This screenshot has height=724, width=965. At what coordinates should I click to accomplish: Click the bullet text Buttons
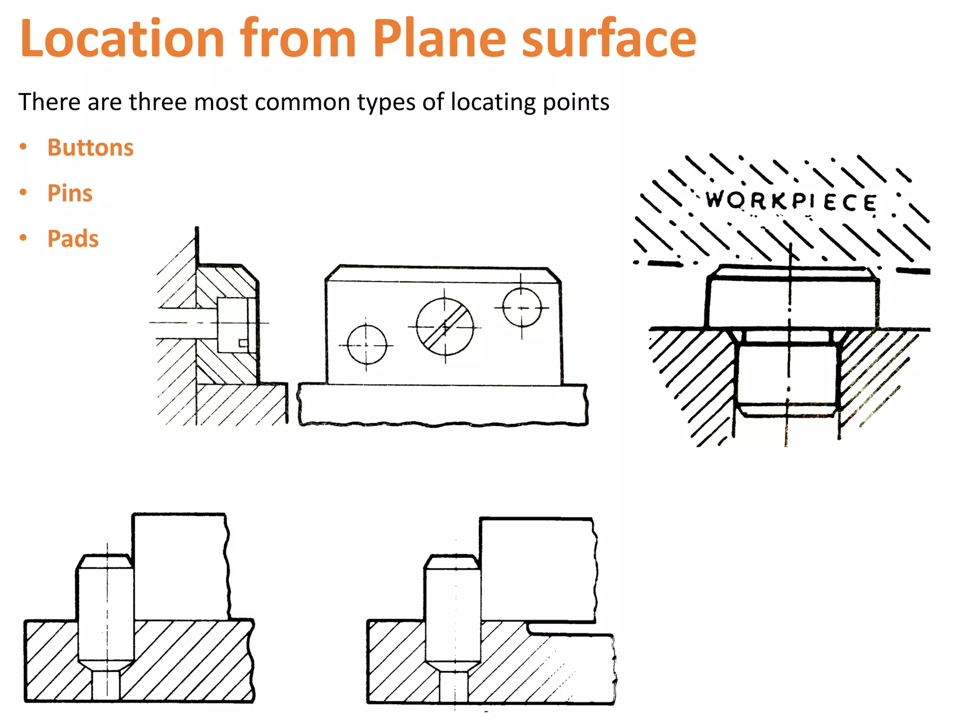tap(90, 148)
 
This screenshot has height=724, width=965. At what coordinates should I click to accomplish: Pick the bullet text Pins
tap(70, 193)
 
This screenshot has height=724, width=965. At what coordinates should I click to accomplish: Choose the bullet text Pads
tap(73, 239)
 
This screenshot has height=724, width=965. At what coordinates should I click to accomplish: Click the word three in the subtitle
tap(158, 102)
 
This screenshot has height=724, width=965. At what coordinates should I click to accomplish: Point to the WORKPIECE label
tap(791, 201)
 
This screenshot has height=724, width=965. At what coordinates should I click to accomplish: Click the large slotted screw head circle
tap(445, 327)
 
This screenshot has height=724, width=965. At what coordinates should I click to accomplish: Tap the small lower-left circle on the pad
tap(367, 345)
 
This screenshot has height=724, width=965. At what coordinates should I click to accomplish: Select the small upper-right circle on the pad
tap(521, 307)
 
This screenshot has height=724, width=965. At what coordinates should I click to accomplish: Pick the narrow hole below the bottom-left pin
tap(106, 686)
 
